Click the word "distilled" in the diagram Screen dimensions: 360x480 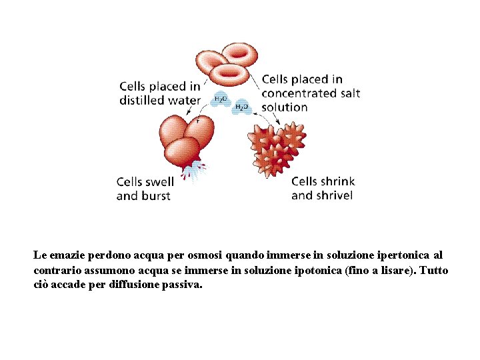point(143,101)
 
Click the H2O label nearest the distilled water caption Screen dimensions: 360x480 point(220,99)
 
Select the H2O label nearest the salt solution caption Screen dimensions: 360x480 point(241,107)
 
